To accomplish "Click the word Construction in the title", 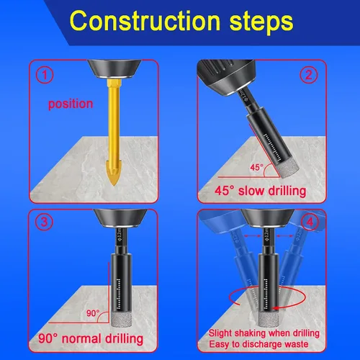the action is coord(145,20).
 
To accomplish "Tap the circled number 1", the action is coord(45,75).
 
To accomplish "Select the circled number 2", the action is coord(309,75).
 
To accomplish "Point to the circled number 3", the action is coord(44,222).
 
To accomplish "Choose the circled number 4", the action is coord(310,222).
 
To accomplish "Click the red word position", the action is coord(71,104).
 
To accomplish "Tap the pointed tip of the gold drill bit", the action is coord(114,185).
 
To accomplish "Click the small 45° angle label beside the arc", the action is coord(256,167).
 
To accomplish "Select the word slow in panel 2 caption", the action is coord(251,191).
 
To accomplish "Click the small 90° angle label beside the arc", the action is coord(93,313).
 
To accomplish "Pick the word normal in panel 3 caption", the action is coord(81,339).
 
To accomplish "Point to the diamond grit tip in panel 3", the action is coord(122,318).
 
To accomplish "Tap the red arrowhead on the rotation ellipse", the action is coord(276,308).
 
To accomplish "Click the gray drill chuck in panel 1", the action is coord(114,69).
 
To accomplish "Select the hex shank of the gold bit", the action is coord(114,84).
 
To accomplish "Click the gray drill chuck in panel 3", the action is coord(120,218).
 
